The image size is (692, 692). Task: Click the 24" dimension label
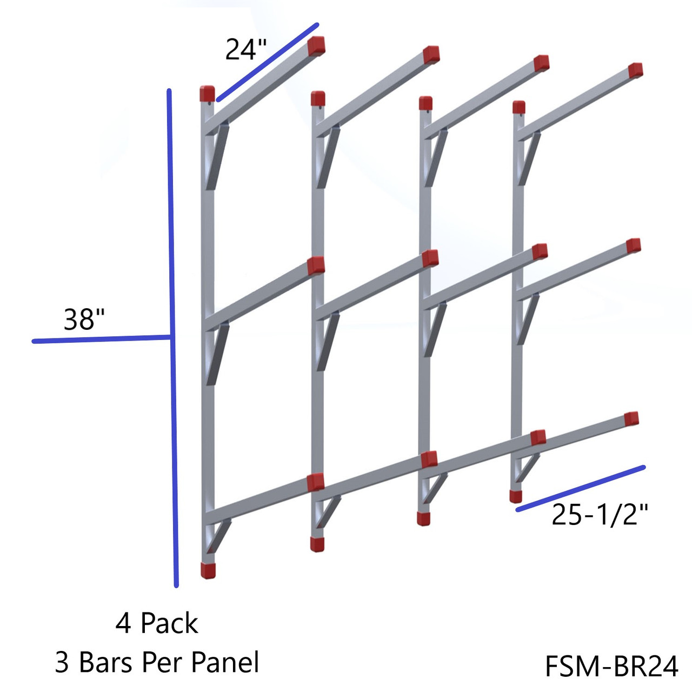pos(246,50)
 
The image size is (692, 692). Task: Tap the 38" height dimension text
pos(84,319)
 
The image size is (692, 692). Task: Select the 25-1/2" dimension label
pos(599,515)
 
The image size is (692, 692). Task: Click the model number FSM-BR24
pos(611,666)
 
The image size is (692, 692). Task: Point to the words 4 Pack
pos(157,623)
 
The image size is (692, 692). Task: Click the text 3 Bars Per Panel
pos(157,662)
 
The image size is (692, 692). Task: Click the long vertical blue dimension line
pos(172,335)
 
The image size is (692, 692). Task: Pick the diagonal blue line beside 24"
pos(268,62)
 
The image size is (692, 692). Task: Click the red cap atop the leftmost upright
pos(207,94)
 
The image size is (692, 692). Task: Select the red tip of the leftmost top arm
pos(316,46)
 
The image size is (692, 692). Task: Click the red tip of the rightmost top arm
pos(635,70)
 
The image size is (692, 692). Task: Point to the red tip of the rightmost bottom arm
pos(631,418)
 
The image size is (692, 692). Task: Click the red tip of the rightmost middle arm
pos(633,246)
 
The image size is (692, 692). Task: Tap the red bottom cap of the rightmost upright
pos(516,496)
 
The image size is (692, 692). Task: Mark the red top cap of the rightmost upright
pos(519,107)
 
